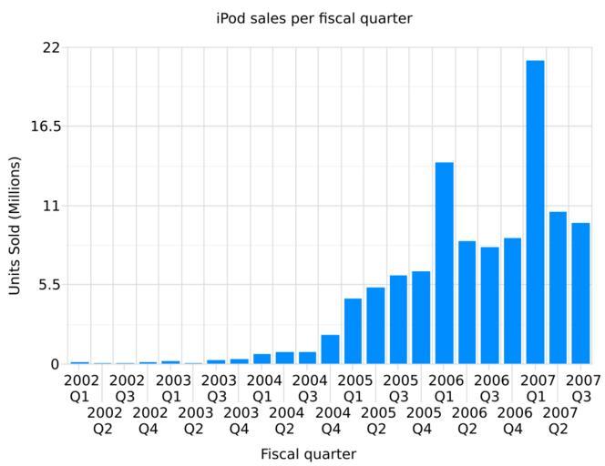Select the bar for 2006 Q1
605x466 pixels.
(444, 263)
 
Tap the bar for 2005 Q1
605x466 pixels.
(353, 331)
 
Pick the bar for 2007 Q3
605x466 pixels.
(580, 293)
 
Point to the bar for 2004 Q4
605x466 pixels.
(330, 349)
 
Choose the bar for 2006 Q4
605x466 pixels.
(512, 301)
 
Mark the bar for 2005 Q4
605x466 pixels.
(421, 318)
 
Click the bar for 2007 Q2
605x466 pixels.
(558, 288)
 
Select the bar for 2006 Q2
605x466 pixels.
(467, 302)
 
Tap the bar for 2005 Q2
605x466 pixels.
(375, 326)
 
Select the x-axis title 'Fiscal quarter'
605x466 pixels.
(308, 453)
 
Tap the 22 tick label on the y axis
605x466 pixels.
(50, 47)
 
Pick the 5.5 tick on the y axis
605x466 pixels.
(48, 285)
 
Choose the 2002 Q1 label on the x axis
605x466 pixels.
(80, 388)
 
